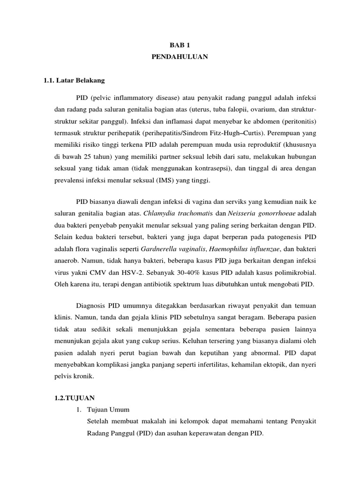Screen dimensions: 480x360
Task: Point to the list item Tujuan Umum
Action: (106, 410)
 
